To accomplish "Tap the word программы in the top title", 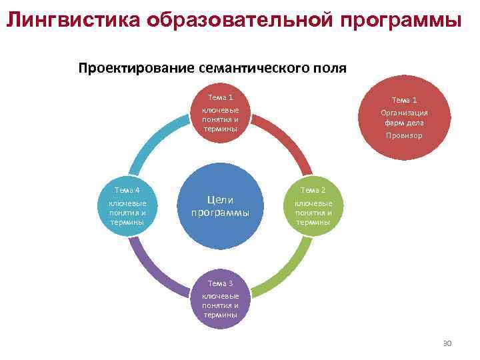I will point(400,21).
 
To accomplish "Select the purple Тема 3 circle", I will point(220,298).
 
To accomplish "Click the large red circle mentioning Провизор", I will point(404,119).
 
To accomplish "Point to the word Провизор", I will point(404,135).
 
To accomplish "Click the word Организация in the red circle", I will point(404,113).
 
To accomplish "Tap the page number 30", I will point(447,343).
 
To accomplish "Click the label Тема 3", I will point(220,284).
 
